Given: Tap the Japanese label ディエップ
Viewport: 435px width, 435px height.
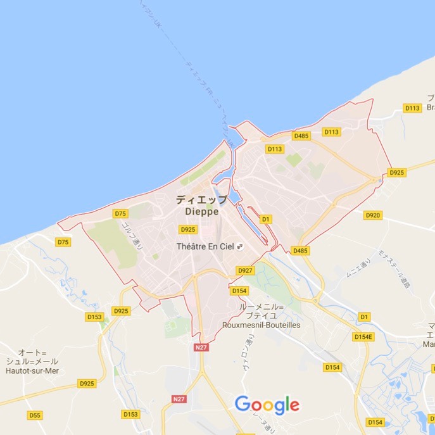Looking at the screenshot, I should coord(201,199).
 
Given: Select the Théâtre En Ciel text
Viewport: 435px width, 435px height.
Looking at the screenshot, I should coord(205,246).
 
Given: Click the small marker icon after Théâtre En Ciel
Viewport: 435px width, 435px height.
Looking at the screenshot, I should coord(239,246).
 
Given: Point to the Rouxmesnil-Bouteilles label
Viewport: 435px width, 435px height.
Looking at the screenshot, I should coord(261,325).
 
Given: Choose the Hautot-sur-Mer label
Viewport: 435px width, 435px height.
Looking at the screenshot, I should coord(32,370).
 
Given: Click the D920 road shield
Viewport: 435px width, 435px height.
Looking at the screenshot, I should coord(373,215).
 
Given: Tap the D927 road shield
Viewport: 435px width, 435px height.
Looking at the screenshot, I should coord(245,270).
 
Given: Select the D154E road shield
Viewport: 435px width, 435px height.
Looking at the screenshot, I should coord(364,337).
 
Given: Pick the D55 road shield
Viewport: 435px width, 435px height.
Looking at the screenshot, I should coord(35,415).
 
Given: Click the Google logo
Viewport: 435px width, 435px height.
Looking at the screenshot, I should coord(267,405).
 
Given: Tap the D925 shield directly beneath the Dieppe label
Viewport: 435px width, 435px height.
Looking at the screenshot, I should coord(188,229).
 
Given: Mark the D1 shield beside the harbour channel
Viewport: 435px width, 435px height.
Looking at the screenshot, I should coord(266,219).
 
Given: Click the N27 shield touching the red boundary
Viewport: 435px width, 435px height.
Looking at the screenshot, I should coord(201,347).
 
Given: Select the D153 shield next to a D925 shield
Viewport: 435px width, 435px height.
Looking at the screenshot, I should coord(94,317).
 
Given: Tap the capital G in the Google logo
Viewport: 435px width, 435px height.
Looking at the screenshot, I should coord(243,404).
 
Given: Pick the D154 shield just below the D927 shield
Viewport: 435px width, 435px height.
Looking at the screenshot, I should coord(239,291).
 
